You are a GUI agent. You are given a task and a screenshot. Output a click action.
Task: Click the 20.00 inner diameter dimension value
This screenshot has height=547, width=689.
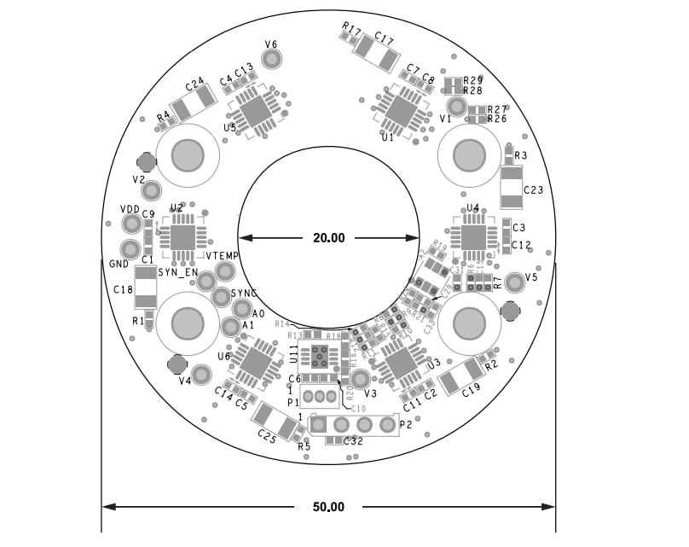tap(328, 238)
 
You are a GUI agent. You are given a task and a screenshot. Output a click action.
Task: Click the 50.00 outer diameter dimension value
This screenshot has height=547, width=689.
tap(328, 507)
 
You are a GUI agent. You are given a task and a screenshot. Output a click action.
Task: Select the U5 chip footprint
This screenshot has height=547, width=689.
tap(253, 110)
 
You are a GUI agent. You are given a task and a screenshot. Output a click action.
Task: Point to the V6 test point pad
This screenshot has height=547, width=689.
tap(272, 59)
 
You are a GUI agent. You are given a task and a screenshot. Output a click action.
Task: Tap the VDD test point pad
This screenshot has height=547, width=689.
tap(131, 224)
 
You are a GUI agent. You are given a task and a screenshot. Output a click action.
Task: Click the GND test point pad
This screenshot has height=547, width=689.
tap(130, 249)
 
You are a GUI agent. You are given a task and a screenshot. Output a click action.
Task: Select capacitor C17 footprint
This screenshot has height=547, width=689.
tap(376, 53)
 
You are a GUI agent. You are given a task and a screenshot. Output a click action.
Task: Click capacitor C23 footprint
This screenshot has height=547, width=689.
tap(511, 188)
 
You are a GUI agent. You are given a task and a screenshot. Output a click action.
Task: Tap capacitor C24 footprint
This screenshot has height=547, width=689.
tap(195, 104)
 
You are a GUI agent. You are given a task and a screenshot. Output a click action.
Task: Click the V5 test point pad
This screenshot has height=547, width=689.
tap(514, 282)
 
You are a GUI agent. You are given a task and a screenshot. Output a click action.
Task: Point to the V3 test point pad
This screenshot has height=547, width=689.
tap(361, 379)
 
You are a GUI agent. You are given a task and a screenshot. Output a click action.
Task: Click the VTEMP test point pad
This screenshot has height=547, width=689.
tap(225, 271)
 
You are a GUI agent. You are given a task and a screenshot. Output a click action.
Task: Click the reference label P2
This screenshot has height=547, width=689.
tap(406, 424)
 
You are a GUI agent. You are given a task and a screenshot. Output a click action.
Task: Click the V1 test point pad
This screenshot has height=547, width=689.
tap(457, 106)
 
